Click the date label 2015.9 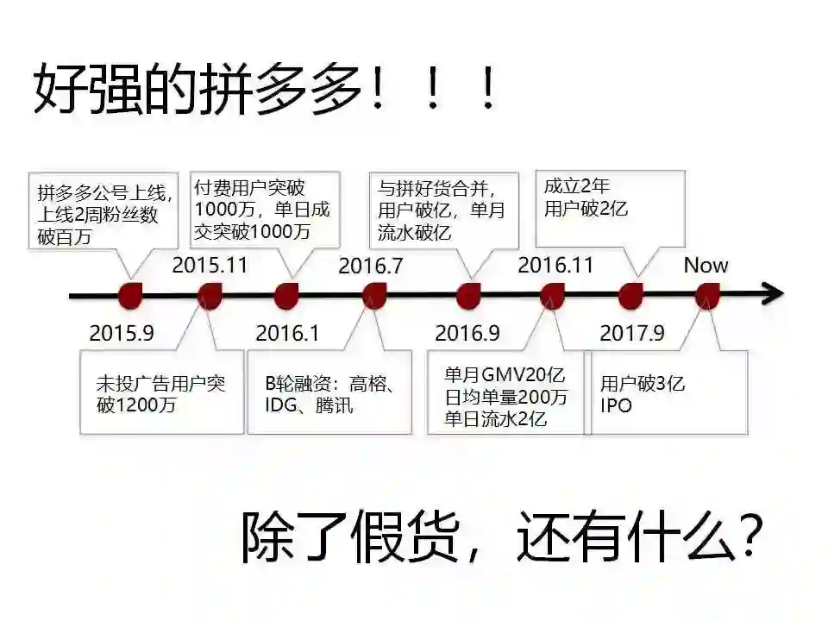121,333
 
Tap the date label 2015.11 210,265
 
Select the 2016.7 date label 370,266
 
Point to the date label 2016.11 555,265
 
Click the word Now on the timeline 706,265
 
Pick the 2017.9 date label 632,333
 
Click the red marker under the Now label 706,297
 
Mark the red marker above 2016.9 468,296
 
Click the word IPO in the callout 616,405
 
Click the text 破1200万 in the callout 136,405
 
